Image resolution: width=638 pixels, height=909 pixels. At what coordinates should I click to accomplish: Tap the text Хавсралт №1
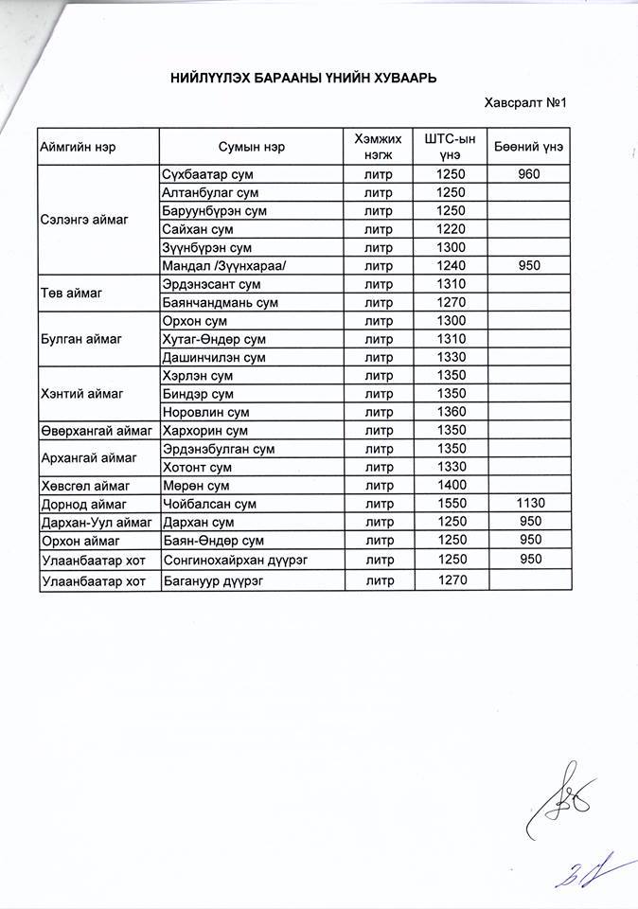coord(523,103)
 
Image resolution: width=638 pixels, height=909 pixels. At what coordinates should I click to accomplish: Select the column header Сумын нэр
coord(251,147)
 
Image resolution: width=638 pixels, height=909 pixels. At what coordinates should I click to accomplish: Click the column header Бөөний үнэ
coord(529,147)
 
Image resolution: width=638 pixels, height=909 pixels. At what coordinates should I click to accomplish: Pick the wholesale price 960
coord(529,175)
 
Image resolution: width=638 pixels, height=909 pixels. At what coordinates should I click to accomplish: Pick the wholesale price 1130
coord(529,504)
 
